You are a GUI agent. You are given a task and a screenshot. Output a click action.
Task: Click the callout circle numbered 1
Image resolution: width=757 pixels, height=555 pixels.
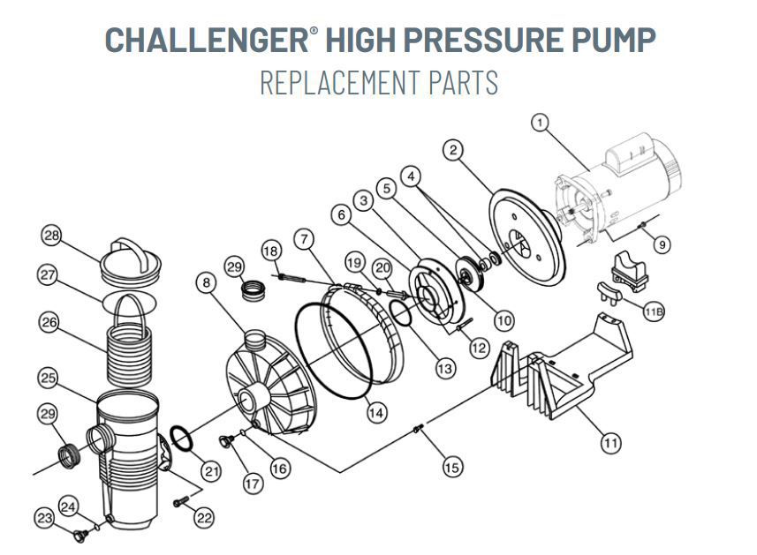(540, 123)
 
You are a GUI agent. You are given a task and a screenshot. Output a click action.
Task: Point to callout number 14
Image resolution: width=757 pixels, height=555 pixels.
(376, 411)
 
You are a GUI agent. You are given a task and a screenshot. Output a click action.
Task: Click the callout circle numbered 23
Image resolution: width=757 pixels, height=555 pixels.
(45, 519)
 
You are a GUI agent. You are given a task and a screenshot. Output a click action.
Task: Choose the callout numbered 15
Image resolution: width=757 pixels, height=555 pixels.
(451, 468)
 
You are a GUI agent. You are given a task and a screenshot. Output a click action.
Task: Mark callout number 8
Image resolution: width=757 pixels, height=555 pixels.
(206, 284)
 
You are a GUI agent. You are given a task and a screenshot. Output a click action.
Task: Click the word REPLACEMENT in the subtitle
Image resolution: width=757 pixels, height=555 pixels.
(339, 82)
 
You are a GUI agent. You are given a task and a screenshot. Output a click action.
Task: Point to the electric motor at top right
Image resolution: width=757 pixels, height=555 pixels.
(618, 190)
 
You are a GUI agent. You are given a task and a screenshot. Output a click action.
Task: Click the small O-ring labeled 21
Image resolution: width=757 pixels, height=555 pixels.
(180, 438)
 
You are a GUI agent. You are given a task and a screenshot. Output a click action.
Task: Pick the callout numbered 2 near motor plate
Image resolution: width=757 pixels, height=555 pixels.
(454, 151)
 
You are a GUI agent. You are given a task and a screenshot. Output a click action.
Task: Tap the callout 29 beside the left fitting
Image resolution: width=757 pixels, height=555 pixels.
(49, 415)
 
